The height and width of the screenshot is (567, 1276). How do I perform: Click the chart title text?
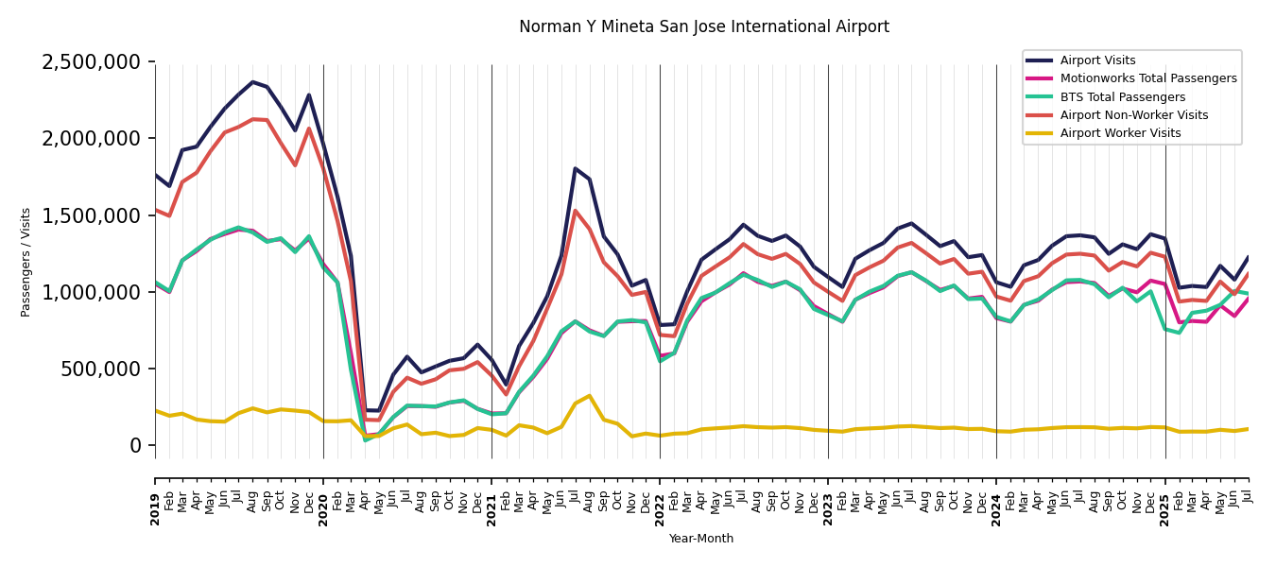click(703, 27)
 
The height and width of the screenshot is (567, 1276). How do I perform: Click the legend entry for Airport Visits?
click(1097, 61)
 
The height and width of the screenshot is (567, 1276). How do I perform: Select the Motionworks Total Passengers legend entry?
click(1147, 79)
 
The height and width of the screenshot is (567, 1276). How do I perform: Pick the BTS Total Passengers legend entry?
click(1122, 97)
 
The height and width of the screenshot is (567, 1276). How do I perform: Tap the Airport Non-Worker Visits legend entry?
click(1133, 115)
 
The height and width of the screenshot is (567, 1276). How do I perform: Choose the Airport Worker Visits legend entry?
click(1120, 133)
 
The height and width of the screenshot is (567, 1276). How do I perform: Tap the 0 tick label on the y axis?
click(136, 445)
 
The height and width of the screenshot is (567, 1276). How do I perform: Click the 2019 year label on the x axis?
click(155, 497)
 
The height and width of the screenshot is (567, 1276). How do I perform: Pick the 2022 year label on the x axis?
click(660, 497)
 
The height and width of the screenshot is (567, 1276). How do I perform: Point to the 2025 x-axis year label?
click(1164, 497)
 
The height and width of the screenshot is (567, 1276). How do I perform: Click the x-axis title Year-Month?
click(700, 539)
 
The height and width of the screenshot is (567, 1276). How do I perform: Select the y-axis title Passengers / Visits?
click(26, 262)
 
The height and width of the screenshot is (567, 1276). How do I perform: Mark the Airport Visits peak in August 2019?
click(252, 82)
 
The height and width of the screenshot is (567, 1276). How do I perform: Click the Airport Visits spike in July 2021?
click(575, 168)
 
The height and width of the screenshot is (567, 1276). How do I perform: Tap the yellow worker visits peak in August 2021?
click(589, 396)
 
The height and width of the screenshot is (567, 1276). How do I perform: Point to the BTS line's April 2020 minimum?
click(366, 439)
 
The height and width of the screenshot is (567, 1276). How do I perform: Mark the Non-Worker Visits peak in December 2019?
click(309, 129)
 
